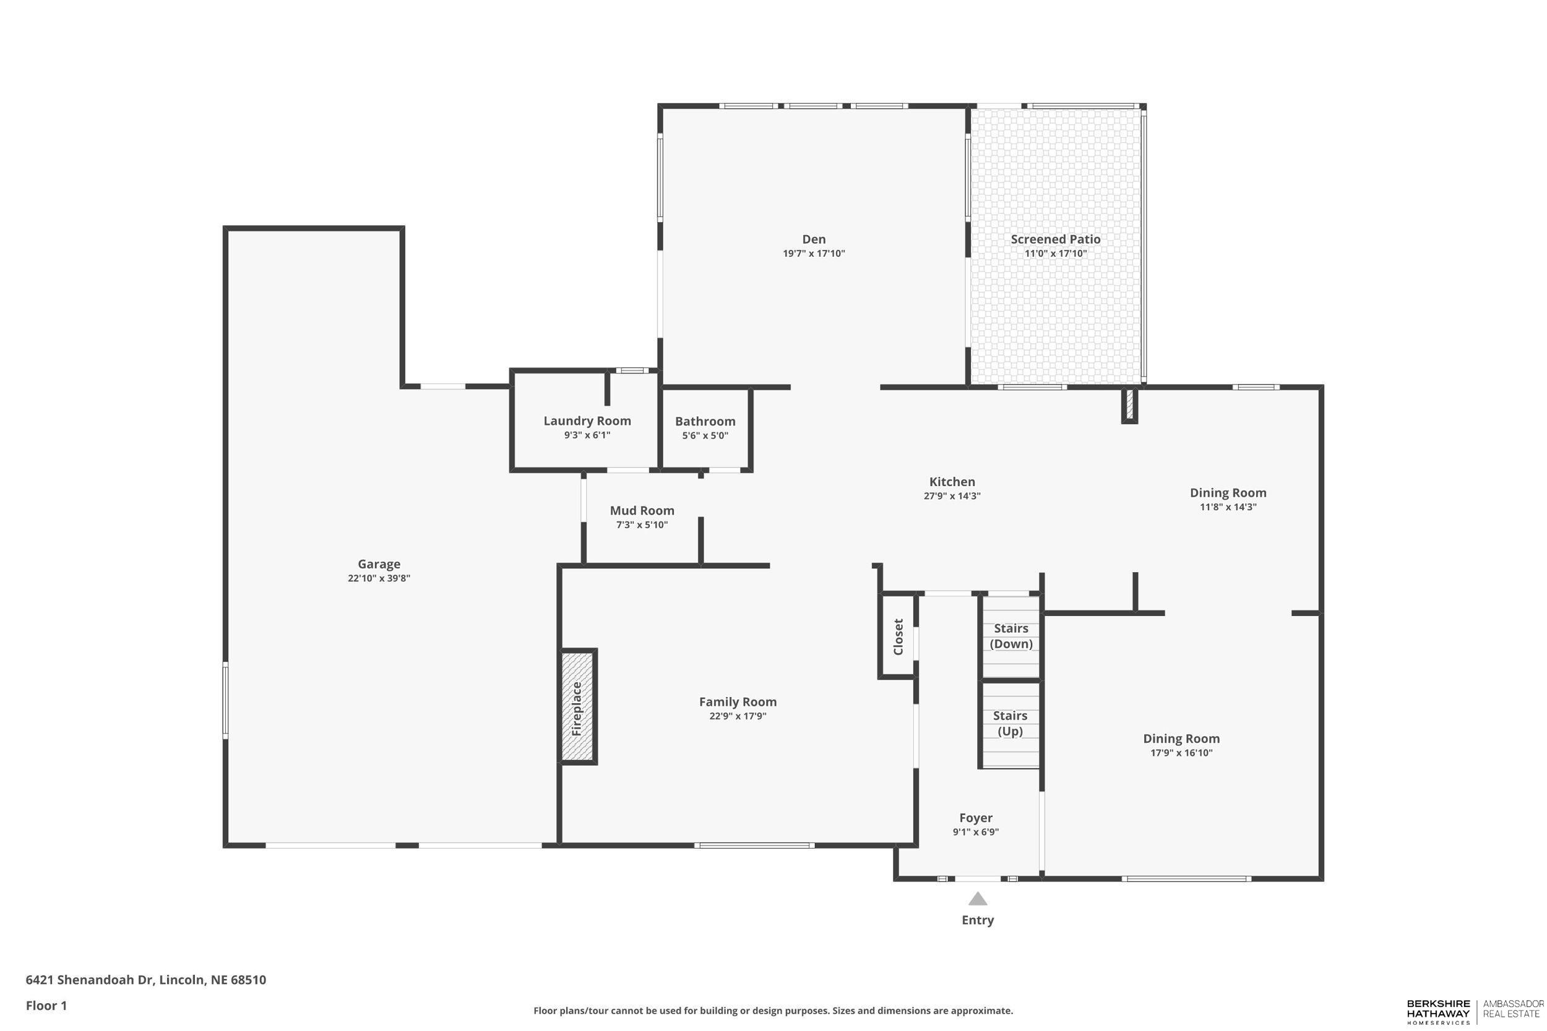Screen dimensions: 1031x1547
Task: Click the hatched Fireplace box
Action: tap(577, 707)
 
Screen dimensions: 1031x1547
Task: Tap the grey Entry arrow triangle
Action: tap(978, 899)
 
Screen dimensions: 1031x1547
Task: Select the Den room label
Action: tap(814, 239)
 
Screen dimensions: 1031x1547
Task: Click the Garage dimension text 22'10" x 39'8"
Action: tap(379, 579)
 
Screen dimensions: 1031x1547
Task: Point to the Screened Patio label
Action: tap(1055, 239)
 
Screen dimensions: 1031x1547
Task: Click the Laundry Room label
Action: tap(587, 421)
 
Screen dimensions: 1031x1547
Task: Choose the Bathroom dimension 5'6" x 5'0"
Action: tap(705, 435)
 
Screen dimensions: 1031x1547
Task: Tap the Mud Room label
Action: tap(642, 510)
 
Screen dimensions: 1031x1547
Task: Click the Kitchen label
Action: tap(952, 482)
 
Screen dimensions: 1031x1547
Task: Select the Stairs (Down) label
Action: tap(1011, 636)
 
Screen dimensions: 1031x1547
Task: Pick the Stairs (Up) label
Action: tap(1010, 723)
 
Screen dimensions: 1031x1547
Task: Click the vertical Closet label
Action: tap(898, 636)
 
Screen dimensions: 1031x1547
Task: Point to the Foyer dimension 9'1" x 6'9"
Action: tap(975, 832)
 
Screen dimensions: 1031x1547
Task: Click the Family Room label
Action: tap(738, 701)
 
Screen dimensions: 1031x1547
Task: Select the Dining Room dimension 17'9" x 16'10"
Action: tap(1181, 753)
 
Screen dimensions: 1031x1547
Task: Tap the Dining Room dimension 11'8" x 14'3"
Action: tap(1227, 507)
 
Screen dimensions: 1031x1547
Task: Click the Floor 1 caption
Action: tap(46, 1006)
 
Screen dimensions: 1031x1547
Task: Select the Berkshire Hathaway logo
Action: tap(1438, 1012)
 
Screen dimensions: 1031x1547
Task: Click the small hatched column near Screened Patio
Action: tap(1129, 405)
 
